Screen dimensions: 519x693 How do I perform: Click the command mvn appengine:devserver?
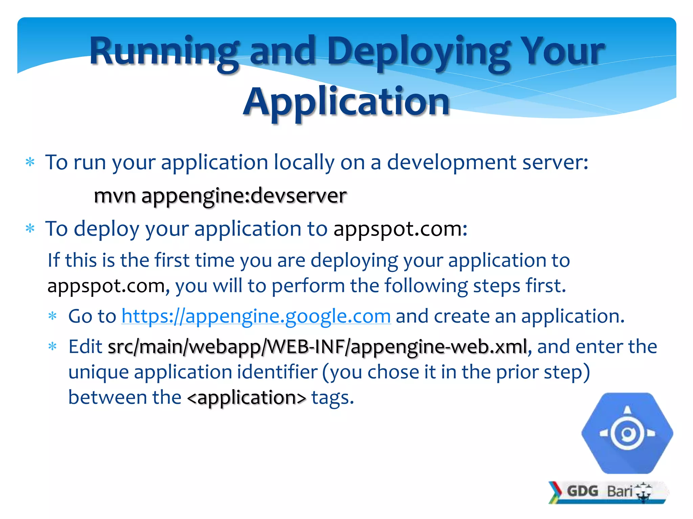tap(220, 196)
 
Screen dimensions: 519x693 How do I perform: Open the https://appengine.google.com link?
tap(256, 316)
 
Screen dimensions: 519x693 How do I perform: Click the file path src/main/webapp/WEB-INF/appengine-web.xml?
tap(317, 347)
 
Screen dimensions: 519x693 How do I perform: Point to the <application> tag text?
tap(246, 397)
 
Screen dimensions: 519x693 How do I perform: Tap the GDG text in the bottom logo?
tap(582, 491)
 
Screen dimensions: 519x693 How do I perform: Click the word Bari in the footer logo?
tap(620, 491)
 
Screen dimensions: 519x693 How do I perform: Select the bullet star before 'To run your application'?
tap(30, 163)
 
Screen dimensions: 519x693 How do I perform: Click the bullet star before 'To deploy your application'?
tap(30, 229)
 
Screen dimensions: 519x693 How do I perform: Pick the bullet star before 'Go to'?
tap(52, 317)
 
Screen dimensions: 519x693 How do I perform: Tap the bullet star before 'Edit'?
tap(52, 347)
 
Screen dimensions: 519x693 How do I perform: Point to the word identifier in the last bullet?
tap(277, 372)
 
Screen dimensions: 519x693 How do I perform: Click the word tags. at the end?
tap(332, 398)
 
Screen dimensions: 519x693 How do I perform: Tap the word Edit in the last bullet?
tap(85, 347)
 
